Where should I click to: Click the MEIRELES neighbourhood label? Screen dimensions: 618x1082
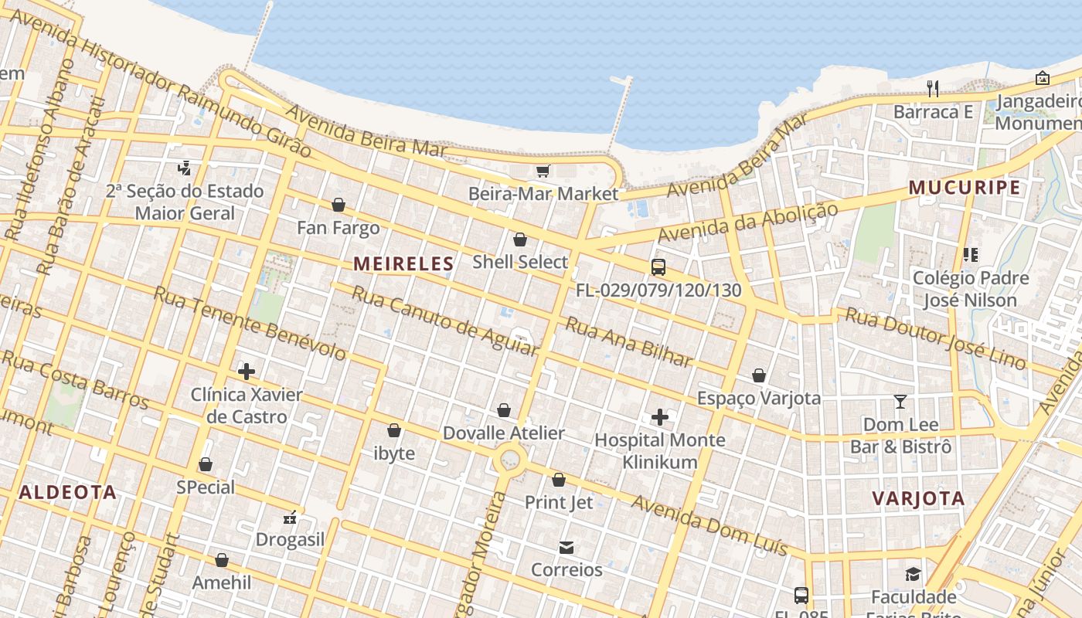click(403, 263)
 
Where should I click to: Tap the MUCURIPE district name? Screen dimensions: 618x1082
click(964, 188)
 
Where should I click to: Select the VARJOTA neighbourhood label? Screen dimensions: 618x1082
click(919, 498)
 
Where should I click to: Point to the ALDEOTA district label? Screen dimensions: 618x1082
click(68, 492)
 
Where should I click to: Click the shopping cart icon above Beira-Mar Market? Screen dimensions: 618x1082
click(543, 171)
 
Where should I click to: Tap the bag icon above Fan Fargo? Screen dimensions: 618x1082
click(338, 205)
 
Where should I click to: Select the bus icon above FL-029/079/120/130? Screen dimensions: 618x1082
click(658, 267)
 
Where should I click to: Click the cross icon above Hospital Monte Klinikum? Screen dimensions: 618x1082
click(659, 417)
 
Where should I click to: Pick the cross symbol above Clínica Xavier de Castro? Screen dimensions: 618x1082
click(247, 372)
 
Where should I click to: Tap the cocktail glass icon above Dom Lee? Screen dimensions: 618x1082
click(900, 402)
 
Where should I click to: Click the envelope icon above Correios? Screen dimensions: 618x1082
click(566, 548)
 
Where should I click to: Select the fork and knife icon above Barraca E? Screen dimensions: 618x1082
click(933, 89)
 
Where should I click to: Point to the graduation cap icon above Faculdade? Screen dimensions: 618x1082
click(913, 574)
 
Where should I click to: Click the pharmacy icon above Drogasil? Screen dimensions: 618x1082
click(290, 517)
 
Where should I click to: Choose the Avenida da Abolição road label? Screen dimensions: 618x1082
click(747, 222)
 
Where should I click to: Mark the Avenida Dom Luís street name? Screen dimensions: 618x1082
click(709, 525)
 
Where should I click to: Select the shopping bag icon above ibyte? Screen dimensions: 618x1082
click(394, 430)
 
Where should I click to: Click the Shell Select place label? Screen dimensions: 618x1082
click(520, 262)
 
